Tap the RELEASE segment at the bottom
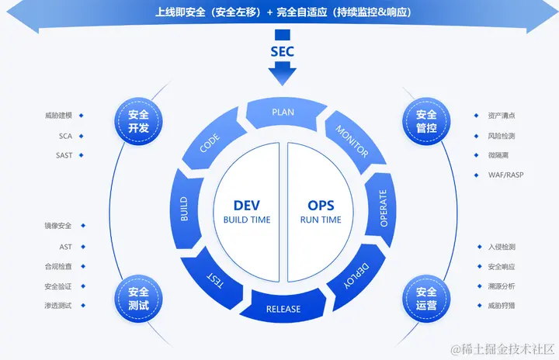click(x=283, y=309)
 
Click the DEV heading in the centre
click(x=247, y=206)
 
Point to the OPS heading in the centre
click(x=321, y=206)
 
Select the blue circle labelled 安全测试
click(x=138, y=298)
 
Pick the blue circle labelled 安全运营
click(x=426, y=298)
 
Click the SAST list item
click(x=64, y=155)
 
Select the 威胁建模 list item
click(x=58, y=116)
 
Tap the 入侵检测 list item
click(x=502, y=247)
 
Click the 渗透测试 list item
click(x=58, y=306)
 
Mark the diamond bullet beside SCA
click(x=82, y=136)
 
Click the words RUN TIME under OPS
click(x=321, y=220)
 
